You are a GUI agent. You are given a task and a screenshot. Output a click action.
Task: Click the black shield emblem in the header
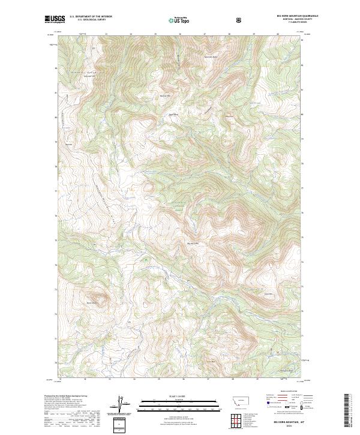240,20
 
